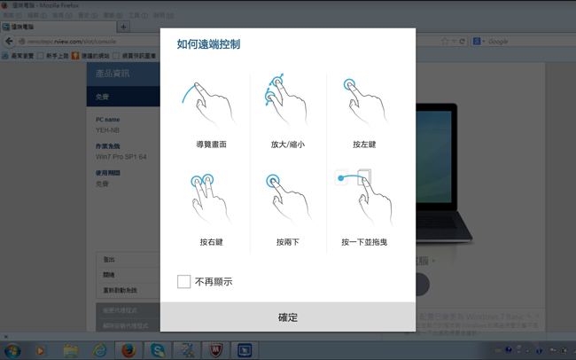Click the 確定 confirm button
(x=287, y=317)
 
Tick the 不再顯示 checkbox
(x=184, y=281)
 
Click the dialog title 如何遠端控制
(x=208, y=44)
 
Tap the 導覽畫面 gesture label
(x=211, y=145)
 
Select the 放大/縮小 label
(x=287, y=145)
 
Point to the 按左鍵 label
(x=364, y=145)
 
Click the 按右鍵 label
(x=211, y=242)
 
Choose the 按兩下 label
(x=287, y=242)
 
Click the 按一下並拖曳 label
(x=364, y=242)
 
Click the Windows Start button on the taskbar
(x=12, y=350)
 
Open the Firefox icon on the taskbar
(x=128, y=350)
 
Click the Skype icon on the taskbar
(x=157, y=350)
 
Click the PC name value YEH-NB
(x=107, y=129)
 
